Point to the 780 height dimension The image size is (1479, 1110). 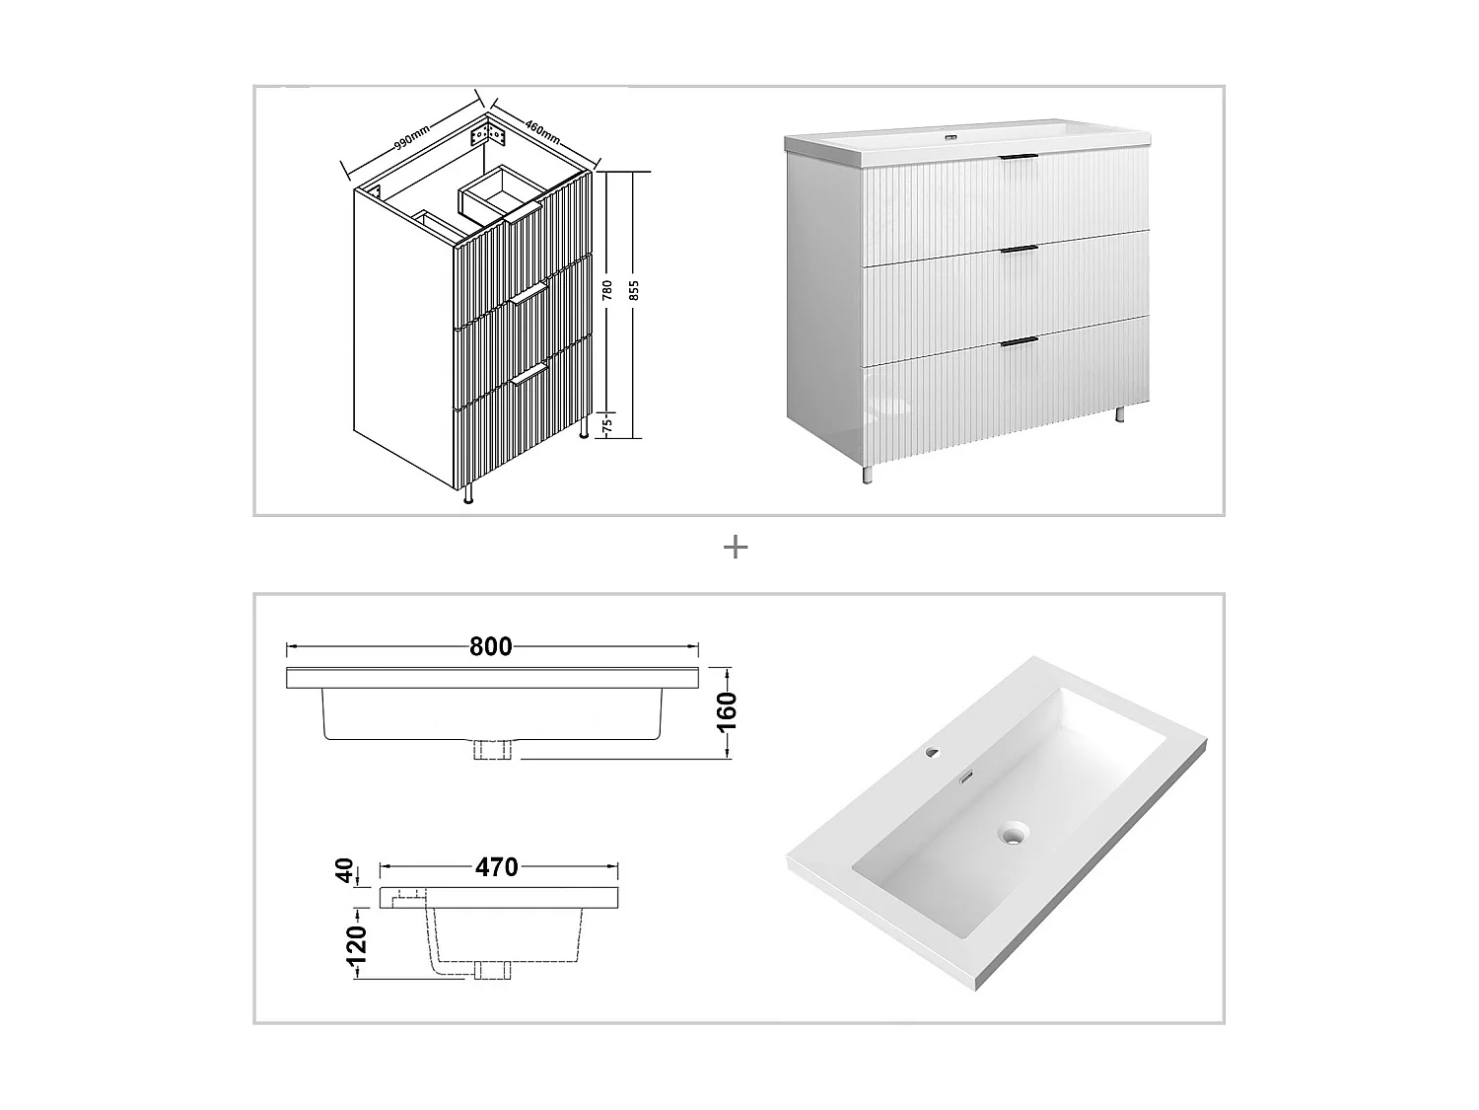click(607, 290)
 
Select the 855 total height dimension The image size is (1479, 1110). click(634, 290)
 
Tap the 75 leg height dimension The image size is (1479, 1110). click(607, 425)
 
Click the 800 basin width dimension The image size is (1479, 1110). click(491, 647)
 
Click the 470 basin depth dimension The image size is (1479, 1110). click(496, 867)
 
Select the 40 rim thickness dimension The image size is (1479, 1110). click(345, 870)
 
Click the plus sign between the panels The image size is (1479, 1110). click(735, 548)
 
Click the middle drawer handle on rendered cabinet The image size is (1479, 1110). click(1019, 249)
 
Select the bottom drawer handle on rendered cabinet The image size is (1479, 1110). click(1019, 341)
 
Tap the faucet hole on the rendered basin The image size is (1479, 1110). click(932, 754)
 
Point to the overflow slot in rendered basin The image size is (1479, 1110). click(968, 777)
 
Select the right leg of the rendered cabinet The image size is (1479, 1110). click(1120, 414)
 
